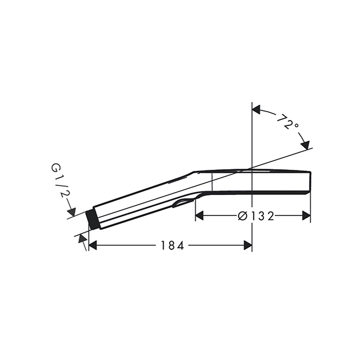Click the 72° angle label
click(288, 122)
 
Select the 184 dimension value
click(172, 245)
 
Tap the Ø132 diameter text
click(256, 216)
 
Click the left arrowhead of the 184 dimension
click(92, 245)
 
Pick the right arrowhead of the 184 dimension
click(248, 245)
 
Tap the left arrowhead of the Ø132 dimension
click(199, 216)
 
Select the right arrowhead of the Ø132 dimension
click(307, 216)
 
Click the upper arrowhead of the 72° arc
click(256, 109)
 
